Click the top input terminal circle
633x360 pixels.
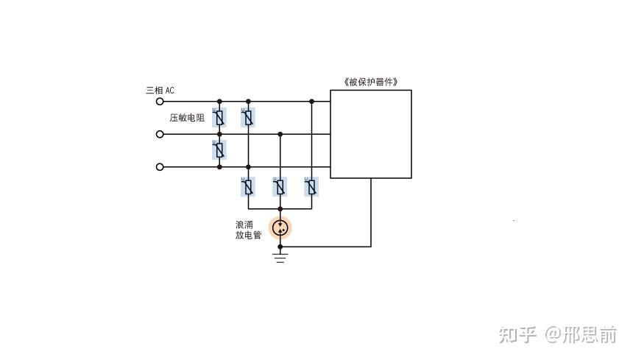(160, 102)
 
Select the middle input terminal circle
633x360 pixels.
(160, 134)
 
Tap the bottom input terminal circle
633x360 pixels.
(160, 167)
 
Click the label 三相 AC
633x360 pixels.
(160, 91)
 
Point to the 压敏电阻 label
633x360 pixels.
(187, 118)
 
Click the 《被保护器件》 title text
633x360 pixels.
(370, 82)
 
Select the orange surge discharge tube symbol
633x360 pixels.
(280, 228)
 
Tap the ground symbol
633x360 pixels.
(280, 258)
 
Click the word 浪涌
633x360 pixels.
(244, 225)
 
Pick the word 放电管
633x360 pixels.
(249, 236)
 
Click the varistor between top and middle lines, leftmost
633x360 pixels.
(219, 116)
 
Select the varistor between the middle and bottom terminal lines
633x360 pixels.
(219, 150)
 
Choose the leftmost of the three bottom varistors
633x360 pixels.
(248, 187)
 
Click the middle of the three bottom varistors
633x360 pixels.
(280, 187)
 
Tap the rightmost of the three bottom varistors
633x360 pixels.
(311, 187)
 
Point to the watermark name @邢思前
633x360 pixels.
(580, 335)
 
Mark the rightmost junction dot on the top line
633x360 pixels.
(311, 102)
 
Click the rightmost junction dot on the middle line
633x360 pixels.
(280, 134)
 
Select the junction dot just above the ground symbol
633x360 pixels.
(280, 247)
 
